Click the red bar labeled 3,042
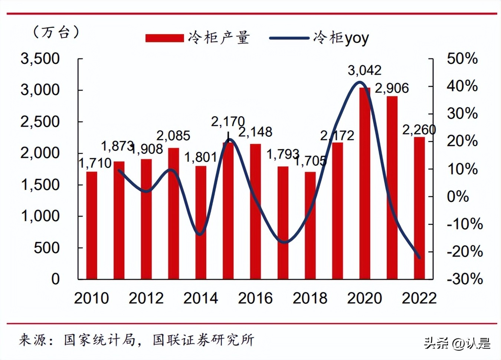click(364, 183)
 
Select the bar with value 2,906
click(392, 187)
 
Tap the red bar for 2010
click(92, 225)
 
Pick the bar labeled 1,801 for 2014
click(201, 222)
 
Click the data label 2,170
click(228, 121)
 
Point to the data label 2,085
click(173, 136)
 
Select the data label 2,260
click(419, 130)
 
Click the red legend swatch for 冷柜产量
click(164, 38)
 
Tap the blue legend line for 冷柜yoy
click(289, 38)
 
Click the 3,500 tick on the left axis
click(40, 59)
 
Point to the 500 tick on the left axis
click(46, 248)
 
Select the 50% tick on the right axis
click(462, 59)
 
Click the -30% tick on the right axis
click(465, 279)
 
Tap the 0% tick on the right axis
click(458, 196)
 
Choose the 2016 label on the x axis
click(255, 298)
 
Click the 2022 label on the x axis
click(419, 298)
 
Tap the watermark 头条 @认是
click(457, 343)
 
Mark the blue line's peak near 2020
click(359, 82)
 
